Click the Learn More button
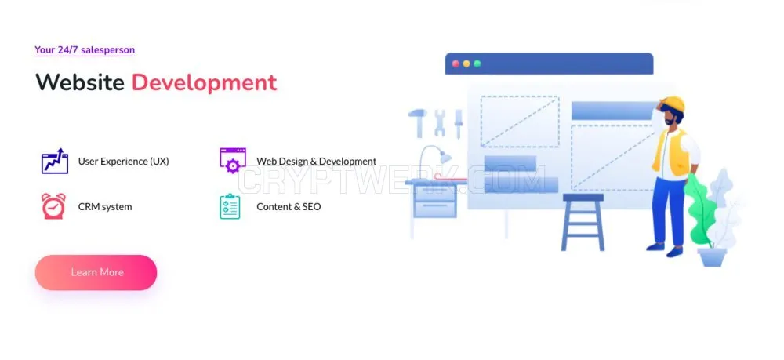coord(96,272)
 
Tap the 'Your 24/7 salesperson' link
coord(85,50)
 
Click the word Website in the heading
coord(80,82)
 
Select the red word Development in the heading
coord(204,83)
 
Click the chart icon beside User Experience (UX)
coord(55,161)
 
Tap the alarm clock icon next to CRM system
coord(53,206)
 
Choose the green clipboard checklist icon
coord(230,206)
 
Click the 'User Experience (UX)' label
coord(124,162)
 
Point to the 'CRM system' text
coord(105,206)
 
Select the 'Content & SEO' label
coord(289,206)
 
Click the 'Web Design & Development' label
coord(317,162)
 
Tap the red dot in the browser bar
coord(456,64)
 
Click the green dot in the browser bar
coord(477,64)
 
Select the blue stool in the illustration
coord(583,222)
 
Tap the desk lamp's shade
coord(445,157)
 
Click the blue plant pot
coord(712,257)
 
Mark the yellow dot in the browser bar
coord(466,64)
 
